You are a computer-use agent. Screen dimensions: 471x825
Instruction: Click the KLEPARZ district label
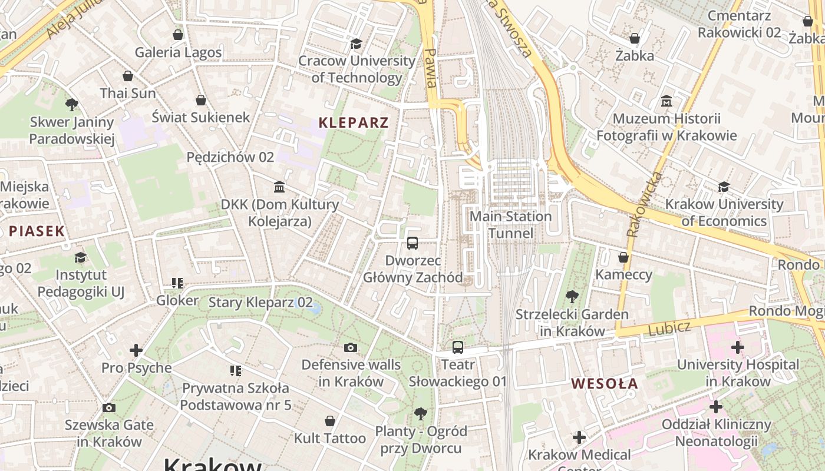click(x=354, y=122)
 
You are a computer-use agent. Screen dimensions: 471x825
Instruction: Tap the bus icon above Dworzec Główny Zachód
click(x=412, y=243)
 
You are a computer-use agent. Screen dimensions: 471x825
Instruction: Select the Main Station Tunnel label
click(x=510, y=225)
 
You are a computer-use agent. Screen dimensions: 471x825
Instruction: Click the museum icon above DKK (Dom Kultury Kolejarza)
click(x=279, y=187)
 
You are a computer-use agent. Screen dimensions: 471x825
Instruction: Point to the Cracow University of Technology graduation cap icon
click(x=356, y=44)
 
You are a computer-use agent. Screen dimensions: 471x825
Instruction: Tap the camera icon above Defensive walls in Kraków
click(x=351, y=347)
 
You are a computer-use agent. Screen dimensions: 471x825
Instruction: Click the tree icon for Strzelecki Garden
click(x=572, y=296)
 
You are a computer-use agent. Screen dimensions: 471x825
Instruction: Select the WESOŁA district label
click(x=605, y=384)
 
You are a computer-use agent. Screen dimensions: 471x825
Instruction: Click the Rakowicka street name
click(x=645, y=204)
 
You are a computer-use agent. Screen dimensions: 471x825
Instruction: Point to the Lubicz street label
click(x=669, y=328)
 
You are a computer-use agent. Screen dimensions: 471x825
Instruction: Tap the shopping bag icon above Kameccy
click(x=623, y=257)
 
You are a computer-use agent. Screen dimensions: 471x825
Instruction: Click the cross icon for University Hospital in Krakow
click(x=737, y=347)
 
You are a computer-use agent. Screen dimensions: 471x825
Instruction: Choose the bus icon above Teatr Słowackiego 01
click(x=458, y=347)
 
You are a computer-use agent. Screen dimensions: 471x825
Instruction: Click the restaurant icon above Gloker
click(x=177, y=283)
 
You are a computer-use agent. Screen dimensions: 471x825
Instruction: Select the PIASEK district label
click(x=37, y=231)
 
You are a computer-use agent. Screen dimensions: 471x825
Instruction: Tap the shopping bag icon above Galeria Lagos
click(x=178, y=35)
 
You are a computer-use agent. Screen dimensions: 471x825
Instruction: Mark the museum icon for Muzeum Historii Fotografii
click(x=666, y=101)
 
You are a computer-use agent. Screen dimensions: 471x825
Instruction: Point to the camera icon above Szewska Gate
click(x=108, y=407)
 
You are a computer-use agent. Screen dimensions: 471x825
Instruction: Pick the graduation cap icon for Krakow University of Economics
click(x=724, y=187)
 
